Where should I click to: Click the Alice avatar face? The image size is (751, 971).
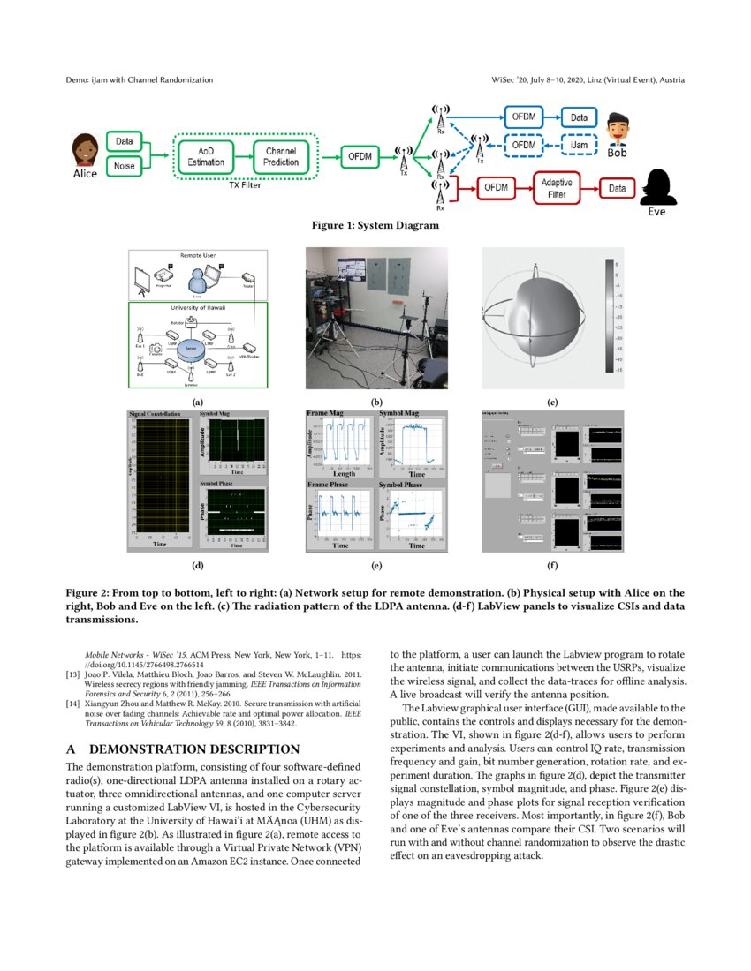(x=84, y=148)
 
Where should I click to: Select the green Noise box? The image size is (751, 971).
(x=125, y=165)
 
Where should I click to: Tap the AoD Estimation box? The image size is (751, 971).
(x=206, y=156)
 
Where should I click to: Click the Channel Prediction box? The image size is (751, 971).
(x=281, y=156)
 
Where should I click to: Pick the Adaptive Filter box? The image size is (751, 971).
(x=556, y=188)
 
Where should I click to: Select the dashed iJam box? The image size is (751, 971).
(x=579, y=144)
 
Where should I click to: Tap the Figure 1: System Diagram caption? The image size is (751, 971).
(x=375, y=225)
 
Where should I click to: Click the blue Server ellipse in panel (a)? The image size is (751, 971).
(x=190, y=350)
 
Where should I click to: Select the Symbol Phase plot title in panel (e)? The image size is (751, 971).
(x=400, y=485)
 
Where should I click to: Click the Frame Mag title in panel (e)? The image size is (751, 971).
(x=322, y=412)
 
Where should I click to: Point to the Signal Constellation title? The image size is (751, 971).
(x=156, y=413)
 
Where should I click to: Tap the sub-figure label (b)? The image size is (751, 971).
(x=375, y=403)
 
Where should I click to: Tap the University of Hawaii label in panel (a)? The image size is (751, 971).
(x=198, y=308)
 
